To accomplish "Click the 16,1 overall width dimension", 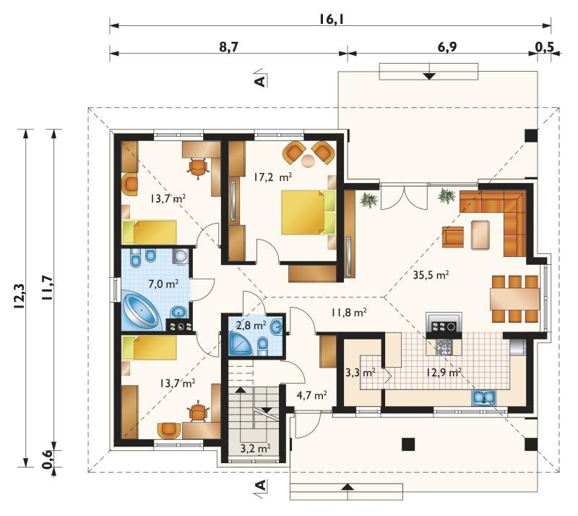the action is (x=331, y=19).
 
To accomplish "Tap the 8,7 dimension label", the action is (x=228, y=47).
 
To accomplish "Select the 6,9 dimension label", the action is (x=447, y=47).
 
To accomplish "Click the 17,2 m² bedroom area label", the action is (x=273, y=177).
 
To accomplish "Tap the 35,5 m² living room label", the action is (x=430, y=275).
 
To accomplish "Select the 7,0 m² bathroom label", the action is (x=163, y=284).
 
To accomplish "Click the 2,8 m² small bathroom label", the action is (x=251, y=326).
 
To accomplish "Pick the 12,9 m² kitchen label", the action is (x=444, y=372).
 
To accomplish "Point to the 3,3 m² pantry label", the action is (x=360, y=372).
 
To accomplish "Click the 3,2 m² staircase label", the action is (x=256, y=449).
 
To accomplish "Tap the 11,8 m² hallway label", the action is (x=348, y=313).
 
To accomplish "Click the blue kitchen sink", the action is (x=484, y=397).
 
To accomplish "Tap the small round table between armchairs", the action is (x=309, y=161).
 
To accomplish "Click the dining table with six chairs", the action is (x=514, y=298).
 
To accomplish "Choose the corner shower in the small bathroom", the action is (x=240, y=343).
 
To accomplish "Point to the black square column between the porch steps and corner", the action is (x=408, y=444).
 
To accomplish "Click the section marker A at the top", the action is (x=261, y=79).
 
